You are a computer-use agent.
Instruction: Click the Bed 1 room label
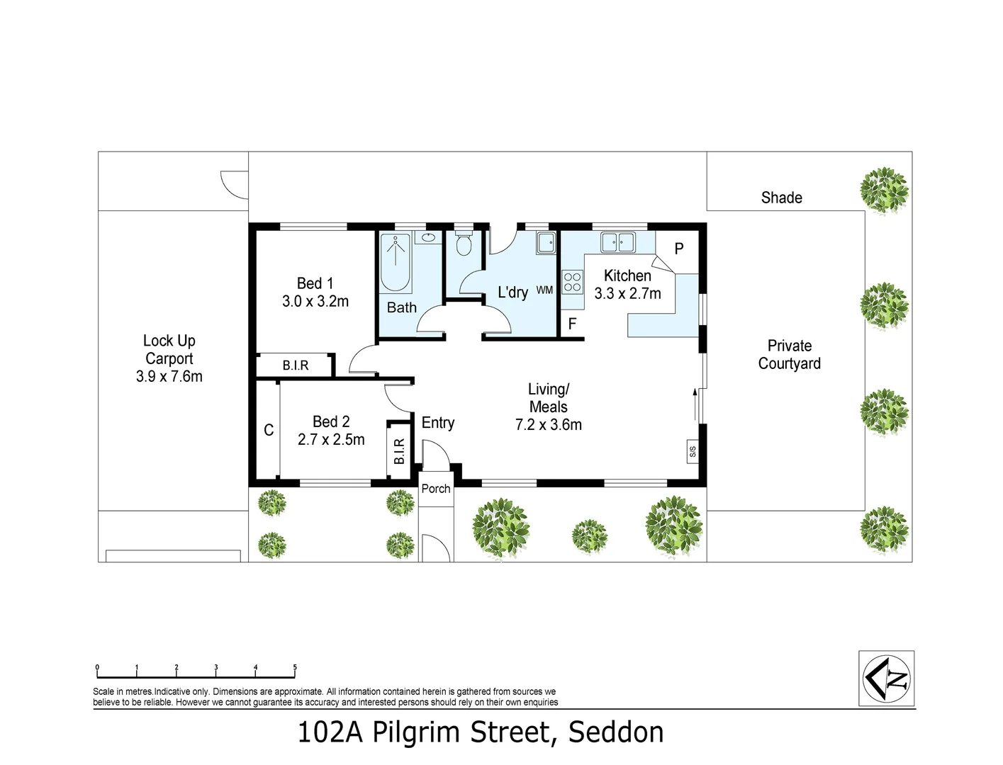315,283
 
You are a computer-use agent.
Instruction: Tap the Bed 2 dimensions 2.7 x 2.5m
331,440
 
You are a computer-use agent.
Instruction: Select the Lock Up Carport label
169,349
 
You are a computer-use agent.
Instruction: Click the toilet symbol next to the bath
464,245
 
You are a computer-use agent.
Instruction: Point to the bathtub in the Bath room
395,263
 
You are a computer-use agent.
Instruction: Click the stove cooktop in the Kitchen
572,282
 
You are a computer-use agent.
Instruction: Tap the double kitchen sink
618,242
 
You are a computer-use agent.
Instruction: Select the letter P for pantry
678,249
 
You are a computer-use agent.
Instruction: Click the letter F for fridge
572,324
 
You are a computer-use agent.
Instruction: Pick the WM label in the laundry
544,290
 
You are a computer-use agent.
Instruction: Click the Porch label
435,489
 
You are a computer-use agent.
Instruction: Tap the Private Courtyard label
789,354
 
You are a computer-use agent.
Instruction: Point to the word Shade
781,198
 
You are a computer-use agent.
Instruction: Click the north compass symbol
886,678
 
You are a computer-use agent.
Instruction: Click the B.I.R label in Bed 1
295,365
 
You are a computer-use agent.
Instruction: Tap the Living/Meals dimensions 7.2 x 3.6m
548,425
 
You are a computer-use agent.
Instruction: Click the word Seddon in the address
616,732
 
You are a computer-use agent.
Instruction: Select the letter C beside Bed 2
269,430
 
